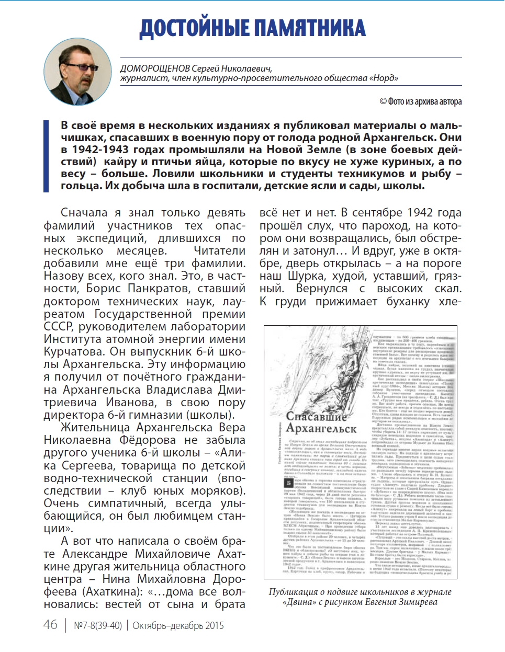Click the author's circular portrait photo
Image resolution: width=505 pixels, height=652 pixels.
point(77,72)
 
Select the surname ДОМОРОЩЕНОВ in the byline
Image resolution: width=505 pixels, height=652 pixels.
point(154,68)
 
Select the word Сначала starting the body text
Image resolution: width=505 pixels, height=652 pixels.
point(84,213)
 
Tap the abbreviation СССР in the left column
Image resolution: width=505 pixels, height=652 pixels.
point(59,327)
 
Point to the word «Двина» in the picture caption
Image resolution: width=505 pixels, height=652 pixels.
point(300,602)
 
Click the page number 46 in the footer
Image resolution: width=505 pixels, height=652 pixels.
point(51,625)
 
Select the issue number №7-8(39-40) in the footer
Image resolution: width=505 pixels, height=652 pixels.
point(98,625)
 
